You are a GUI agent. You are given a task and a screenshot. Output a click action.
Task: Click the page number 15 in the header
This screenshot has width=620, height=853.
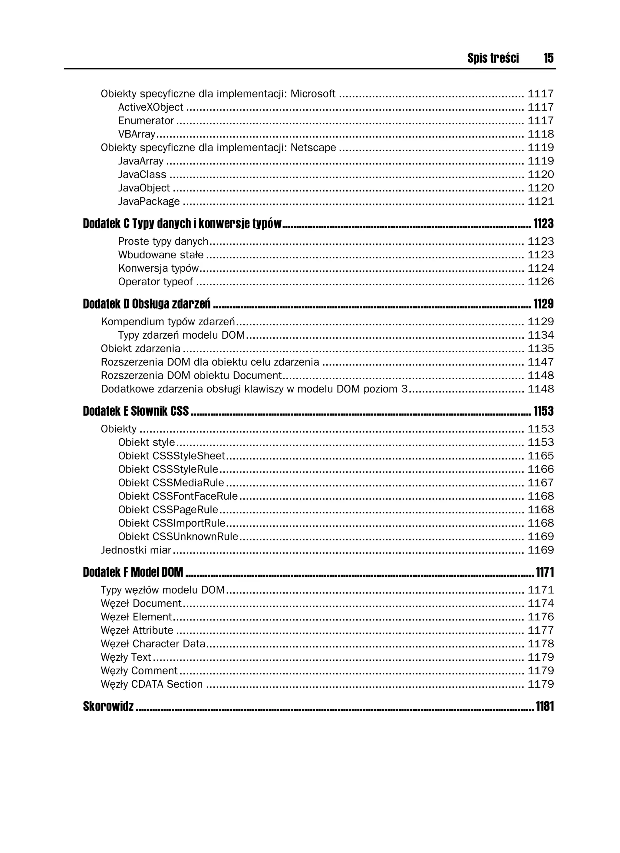(x=548, y=58)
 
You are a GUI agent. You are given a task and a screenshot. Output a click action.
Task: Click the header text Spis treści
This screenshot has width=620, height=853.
(x=493, y=58)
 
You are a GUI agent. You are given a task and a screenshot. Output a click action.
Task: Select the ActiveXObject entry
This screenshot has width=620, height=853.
(x=150, y=107)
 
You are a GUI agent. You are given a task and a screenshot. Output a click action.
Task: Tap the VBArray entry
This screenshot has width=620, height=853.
(x=137, y=134)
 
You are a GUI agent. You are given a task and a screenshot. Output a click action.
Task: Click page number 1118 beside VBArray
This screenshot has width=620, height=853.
(x=540, y=134)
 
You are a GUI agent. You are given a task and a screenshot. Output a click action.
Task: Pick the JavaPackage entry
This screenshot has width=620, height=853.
(x=149, y=202)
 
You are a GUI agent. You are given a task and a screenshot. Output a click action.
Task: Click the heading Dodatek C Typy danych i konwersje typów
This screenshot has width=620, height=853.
(x=182, y=224)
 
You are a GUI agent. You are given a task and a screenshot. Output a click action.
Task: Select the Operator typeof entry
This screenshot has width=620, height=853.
(x=155, y=282)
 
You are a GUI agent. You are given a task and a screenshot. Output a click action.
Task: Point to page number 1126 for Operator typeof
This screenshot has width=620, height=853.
(x=540, y=282)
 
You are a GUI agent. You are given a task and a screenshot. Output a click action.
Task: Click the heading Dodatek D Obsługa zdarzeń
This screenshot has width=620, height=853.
(x=147, y=304)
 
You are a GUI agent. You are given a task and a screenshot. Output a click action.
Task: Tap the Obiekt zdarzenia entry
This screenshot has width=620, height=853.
(x=140, y=349)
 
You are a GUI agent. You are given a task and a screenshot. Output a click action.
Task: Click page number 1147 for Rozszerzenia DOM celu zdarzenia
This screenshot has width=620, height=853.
(x=540, y=362)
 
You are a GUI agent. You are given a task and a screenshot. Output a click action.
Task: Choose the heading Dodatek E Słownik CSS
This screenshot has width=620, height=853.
(x=136, y=411)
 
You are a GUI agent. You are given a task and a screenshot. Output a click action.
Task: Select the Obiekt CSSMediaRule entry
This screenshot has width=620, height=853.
(x=171, y=483)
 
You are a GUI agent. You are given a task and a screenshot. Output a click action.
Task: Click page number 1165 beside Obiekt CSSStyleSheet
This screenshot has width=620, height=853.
(x=540, y=456)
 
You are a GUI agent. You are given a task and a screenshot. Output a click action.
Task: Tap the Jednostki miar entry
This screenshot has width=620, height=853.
(x=136, y=550)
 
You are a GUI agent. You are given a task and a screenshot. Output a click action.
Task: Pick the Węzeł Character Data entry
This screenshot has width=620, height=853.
(x=153, y=644)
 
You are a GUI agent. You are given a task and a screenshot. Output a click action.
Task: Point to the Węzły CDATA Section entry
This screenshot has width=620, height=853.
(x=152, y=684)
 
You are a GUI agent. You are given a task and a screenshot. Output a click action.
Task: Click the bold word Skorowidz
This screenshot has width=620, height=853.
(x=108, y=707)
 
